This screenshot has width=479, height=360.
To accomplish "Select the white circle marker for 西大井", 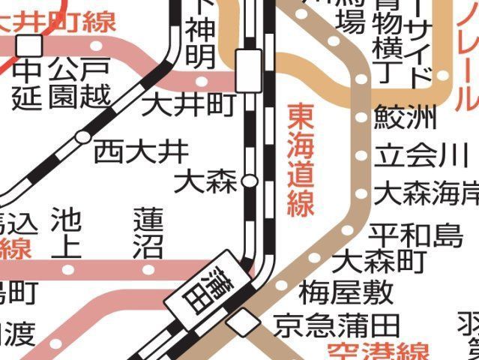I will click(x=82, y=137).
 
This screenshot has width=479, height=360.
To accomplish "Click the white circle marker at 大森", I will click(x=250, y=181).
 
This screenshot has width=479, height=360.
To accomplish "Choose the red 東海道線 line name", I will click(x=300, y=160).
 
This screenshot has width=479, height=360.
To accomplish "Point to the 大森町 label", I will click(x=379, y=262).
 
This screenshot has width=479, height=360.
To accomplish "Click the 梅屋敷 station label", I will click(x=335, y=290).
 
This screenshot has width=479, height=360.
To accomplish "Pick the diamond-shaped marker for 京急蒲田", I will click(x=244, y=323).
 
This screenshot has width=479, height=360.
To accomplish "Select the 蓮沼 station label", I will click(x=148, y=233).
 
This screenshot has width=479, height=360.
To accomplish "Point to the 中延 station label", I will click(x=28, y=84).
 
